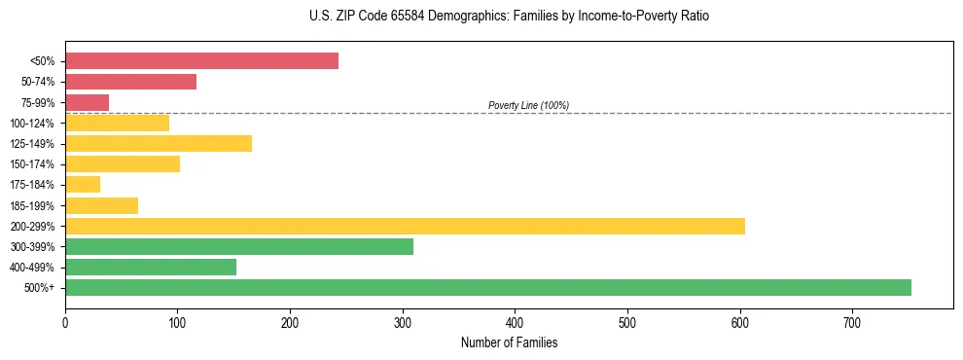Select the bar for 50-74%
click(130, 82)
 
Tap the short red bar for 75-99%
click(87, 102)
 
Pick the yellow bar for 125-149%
click(159, 144)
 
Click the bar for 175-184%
click(83, 185)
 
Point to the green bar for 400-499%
click(151, 267)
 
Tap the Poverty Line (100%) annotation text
click(528, 105)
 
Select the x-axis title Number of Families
click(509, 343)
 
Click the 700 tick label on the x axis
click(852, 323)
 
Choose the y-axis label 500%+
click(39, 288)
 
